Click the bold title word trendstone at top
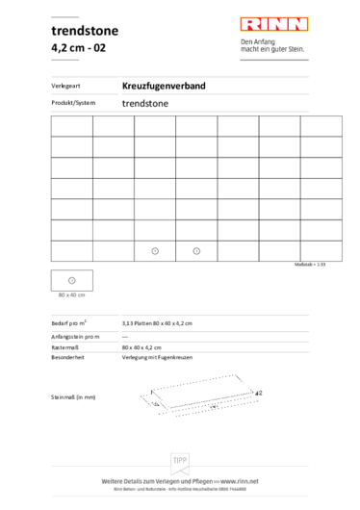pos(85,31)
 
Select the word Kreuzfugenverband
pos(164,87)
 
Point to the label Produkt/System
pos(71,101)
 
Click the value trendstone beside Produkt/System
pos(143,101)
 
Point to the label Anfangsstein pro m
pos(73,336)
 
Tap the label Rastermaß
pos(64,345)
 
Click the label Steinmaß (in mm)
pos(73,396)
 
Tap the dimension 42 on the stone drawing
pos(260,394)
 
